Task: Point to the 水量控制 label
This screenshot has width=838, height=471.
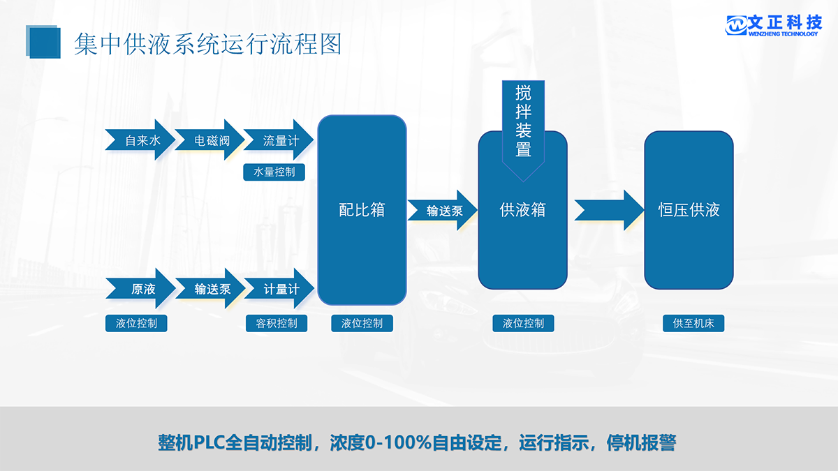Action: (x=274, y=172)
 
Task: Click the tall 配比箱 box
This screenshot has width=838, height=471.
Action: (x=362, y=209)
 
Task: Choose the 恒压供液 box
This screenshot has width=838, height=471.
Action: (x=689, y=209)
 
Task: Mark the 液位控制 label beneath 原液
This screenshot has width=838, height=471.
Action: (x=137, y=323)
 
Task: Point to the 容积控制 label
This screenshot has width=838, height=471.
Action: (x=277, y=323)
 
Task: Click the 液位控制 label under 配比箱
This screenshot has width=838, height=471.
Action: (x=362, y=323)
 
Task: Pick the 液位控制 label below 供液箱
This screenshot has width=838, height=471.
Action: (x=523, y=323)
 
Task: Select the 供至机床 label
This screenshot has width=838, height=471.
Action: (x=693, y=323)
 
